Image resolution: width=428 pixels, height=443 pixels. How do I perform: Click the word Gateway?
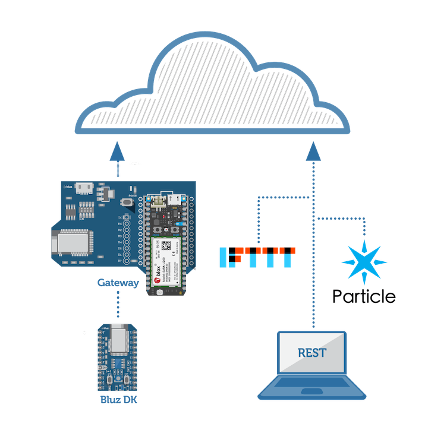tap(118, 283)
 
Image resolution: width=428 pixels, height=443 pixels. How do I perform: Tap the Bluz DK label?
tap(118, 400)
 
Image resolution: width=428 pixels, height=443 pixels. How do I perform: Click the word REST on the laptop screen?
tap(312, 353)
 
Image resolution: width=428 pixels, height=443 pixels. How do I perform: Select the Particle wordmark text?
tap(364, 296)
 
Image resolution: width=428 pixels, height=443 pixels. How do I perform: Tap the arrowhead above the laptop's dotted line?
tap(313, 151)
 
